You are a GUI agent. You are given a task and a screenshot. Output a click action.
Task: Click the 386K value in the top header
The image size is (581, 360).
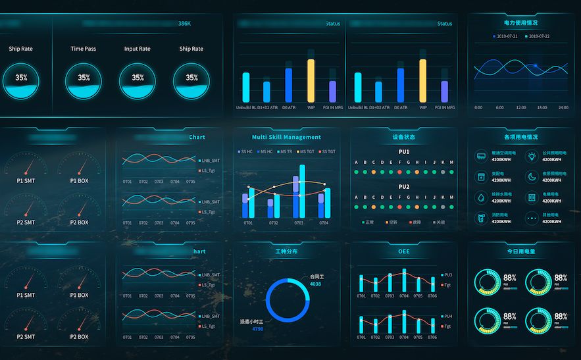coord(184,24)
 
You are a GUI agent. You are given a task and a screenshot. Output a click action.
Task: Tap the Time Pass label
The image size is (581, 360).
coord(84,49)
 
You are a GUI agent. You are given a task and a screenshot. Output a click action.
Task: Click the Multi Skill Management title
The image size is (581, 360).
coord(286,138)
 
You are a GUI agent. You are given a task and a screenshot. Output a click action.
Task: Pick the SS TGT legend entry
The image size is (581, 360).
coord(328,152)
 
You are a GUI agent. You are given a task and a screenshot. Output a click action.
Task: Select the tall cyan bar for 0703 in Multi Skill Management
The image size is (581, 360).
coord(302,191)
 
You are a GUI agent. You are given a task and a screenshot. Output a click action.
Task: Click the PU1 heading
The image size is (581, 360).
coord(404,152)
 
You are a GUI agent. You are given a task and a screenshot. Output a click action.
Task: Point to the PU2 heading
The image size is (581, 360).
coord(404,187)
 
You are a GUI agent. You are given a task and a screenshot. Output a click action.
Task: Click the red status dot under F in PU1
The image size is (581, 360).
coord(399,172)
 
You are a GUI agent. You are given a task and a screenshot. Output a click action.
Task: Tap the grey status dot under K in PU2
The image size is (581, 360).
coord(442,207)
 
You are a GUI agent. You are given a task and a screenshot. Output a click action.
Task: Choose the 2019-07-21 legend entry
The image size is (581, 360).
coord(505,36)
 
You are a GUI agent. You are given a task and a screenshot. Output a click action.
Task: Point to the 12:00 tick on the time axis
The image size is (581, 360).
coord(520,107)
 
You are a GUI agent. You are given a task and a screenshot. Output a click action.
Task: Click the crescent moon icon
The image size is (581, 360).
coord(532,176)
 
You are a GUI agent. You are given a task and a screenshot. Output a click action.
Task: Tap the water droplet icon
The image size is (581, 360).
coord(481,197)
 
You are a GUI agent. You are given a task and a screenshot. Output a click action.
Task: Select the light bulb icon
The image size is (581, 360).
coord(532,156)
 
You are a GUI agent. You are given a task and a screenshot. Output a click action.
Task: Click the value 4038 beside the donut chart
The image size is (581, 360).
coord(315,284)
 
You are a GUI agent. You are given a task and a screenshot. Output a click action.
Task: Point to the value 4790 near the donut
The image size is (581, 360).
coord(257,328)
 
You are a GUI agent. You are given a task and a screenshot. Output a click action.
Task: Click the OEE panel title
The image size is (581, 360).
coord(404,251)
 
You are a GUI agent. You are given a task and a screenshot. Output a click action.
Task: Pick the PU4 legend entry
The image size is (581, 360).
coord(447,316)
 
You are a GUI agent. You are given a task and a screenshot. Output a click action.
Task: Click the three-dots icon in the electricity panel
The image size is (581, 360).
coord(532,218)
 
